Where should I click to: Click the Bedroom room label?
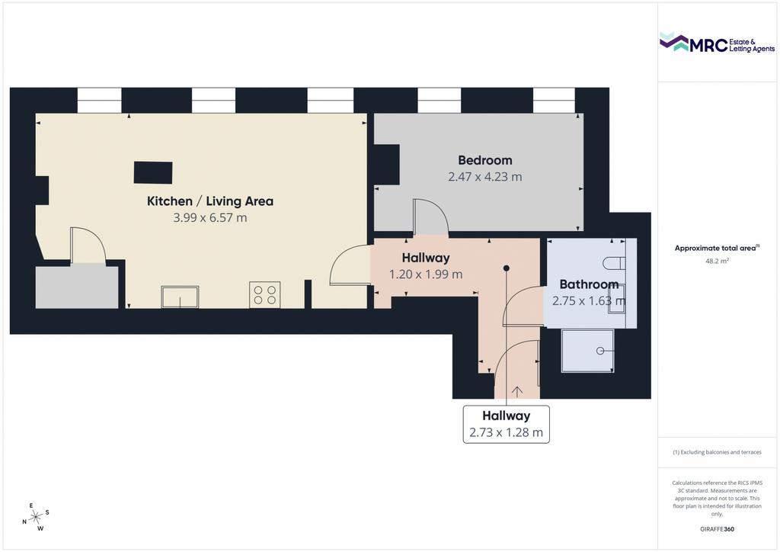point(485,160)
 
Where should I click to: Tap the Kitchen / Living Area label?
point(210,201)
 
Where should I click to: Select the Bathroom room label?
point(589,284)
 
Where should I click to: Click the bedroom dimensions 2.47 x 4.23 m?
point(485,177)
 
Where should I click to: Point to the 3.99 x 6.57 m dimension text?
point(210,217)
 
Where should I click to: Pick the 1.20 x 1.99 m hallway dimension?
point(426,274)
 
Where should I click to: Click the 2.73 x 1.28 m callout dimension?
point(506,432)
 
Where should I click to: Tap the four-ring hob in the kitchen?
point(264,294)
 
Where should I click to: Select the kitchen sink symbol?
point(180,297)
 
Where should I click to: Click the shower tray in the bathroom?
point(587,351)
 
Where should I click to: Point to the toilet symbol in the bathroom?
point(613,263)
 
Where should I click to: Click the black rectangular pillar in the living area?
point(153,173)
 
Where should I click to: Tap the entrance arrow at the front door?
point(517,392)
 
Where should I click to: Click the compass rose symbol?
point(36,517)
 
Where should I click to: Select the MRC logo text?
point(708,45)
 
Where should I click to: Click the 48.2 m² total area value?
point(717,261)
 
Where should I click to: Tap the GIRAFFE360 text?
point(717,529)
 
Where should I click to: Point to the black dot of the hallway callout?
point(507,268)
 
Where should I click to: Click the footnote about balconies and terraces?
point(717,452)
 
